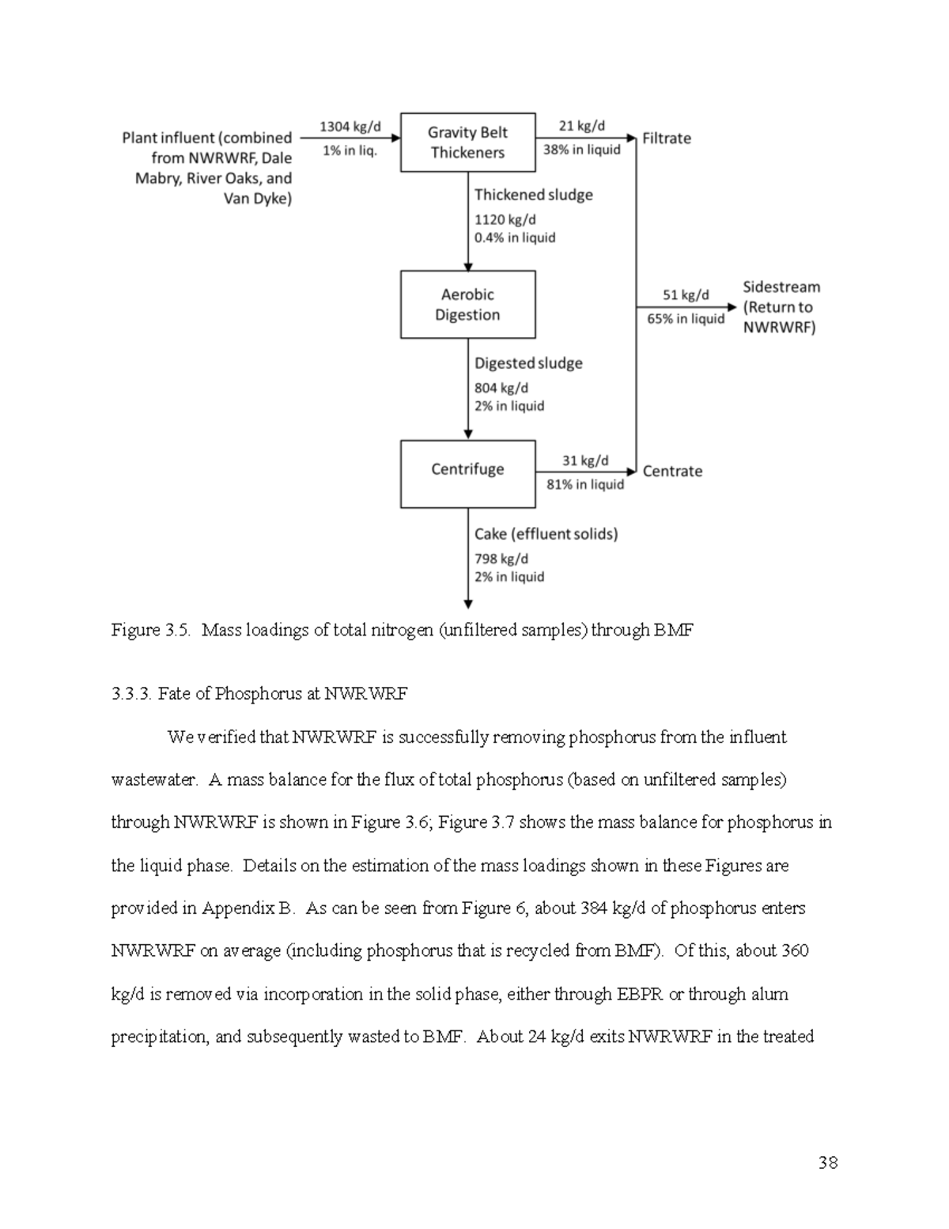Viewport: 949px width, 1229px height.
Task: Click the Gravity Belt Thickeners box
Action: click(467, 142)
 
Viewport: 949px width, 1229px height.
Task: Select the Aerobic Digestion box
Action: click(467, 305)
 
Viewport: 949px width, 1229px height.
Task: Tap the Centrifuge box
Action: click(467, 473)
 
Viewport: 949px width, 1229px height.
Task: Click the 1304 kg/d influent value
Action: click(350, 127)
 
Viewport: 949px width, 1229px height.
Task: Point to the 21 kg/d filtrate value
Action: click(581, 126)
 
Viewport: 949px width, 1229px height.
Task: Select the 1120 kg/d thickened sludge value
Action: click(505, 219)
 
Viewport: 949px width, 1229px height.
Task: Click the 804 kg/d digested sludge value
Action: click(501, 388)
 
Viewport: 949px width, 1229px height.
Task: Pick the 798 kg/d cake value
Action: click(501, 559)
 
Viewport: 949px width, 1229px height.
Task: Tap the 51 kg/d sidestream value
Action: click(686, 295)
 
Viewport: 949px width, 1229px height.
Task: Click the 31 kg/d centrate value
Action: click(585, 461)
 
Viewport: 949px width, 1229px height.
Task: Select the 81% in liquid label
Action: click(585, 484)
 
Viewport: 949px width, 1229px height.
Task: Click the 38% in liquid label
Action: click(581, 150)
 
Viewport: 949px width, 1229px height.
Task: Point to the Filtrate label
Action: click(666, 138)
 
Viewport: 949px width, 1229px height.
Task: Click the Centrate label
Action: click(672, 472)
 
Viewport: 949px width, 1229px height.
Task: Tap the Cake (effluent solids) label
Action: click(546, 534)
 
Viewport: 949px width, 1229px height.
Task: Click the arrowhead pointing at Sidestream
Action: click(732, 306)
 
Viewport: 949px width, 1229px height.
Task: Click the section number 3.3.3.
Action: click(131, 694)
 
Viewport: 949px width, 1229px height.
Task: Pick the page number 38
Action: click(828, 1163)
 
